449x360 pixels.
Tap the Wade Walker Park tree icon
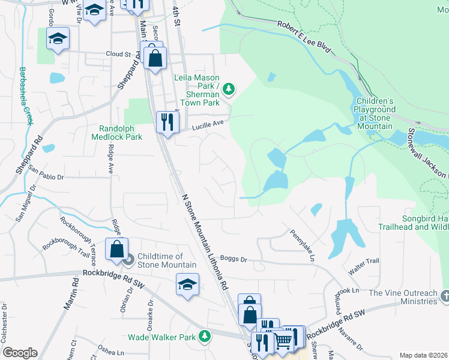click(x=205, y=337)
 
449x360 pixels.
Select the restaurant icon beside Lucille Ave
click(x=167, y=122)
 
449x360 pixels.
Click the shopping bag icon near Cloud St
click(x=155, y=59)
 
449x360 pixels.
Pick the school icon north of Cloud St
click(x=58, y=38)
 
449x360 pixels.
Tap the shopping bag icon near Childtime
click(x=117, y=248)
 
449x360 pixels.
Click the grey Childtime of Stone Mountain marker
click(x=127, y=259)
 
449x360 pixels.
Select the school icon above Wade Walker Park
click(x=187, y=283)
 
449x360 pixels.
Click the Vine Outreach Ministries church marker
click(x=444, y=296)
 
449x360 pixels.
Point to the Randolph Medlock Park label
click(x=121, y=133)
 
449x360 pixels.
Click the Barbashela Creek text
click(x=26, y=95)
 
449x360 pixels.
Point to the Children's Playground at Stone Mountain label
click(x=375, y=113)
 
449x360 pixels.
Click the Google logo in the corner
click(x=19, y=352)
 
